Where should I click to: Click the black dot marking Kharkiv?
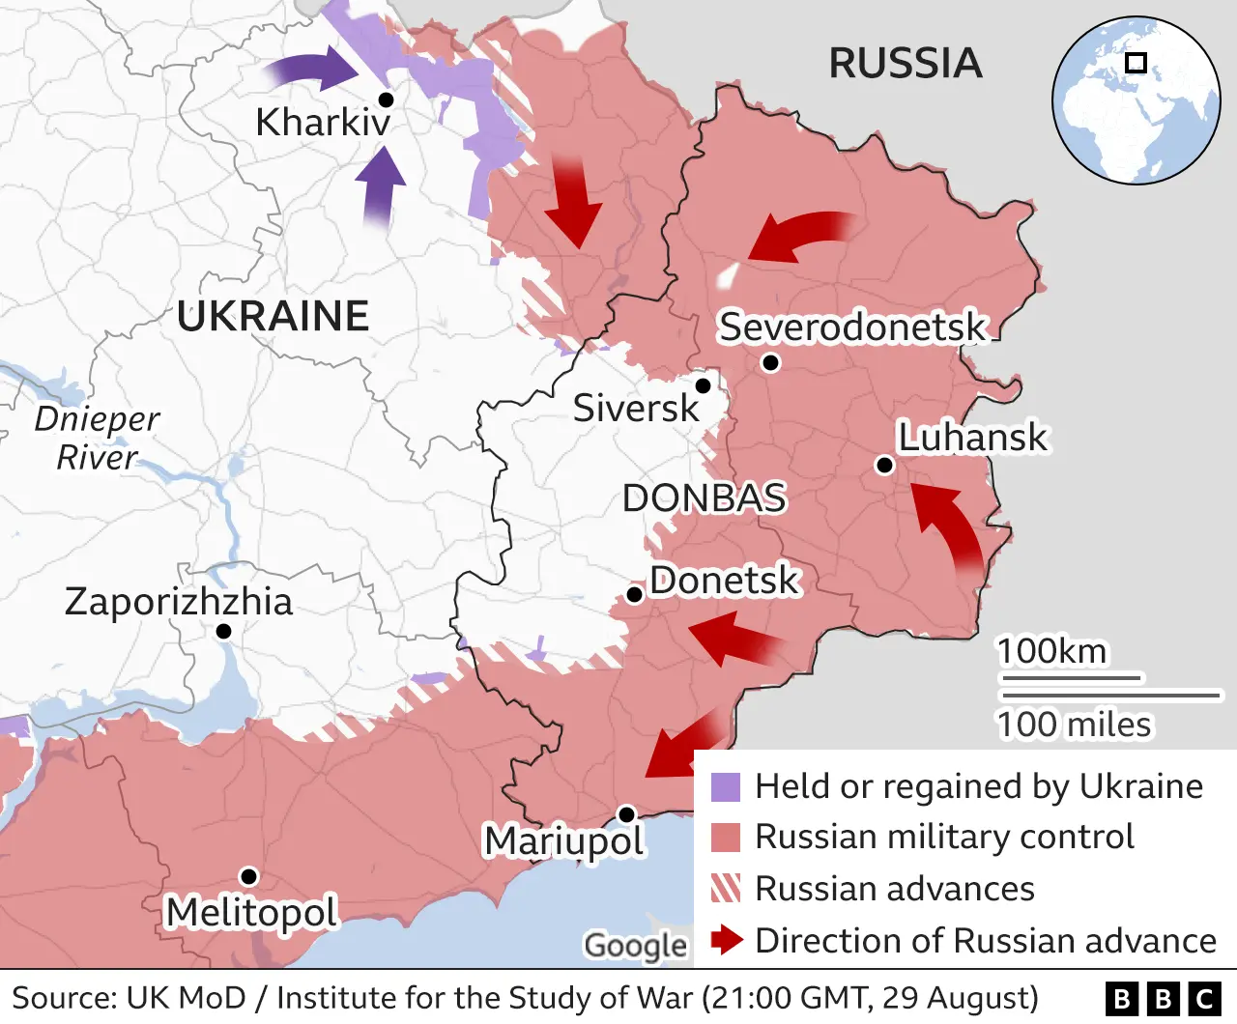386,100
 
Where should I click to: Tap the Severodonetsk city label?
851,327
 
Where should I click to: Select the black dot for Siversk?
704,386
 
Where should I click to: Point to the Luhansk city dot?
883,466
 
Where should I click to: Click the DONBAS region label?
704,498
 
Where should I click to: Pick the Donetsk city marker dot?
635,594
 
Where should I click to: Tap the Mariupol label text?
563,841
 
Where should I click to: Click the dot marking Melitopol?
248,876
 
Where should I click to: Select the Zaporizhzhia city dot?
223,631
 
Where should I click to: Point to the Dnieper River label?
97,438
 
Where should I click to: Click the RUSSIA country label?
906,64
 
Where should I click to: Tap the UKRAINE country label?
273,316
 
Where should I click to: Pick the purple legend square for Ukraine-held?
726,787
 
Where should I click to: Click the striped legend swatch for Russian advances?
726,889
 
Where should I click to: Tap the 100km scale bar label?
1051,651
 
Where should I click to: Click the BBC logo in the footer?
1163,999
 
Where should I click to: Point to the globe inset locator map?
1136,100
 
